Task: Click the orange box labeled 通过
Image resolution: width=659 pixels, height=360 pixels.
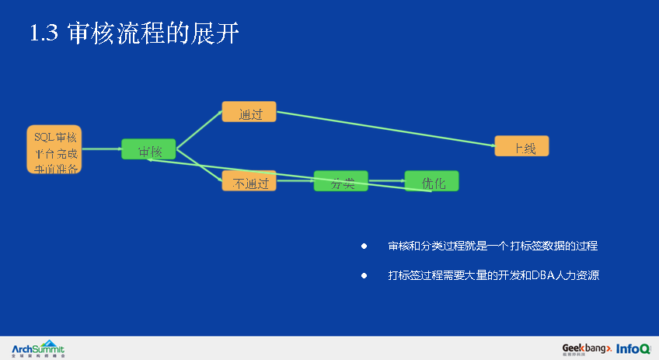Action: coord(249,111)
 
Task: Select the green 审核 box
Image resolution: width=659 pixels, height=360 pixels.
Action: coord(148,149)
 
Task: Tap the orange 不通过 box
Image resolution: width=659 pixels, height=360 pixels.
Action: coord(249,182)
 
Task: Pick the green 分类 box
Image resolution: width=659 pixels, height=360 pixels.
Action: coord(340,181)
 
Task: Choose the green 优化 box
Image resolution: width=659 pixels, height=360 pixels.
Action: coord(431,181)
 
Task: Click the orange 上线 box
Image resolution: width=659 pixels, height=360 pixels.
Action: coord(521,146)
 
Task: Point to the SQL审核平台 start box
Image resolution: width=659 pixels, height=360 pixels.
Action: coord(54,149)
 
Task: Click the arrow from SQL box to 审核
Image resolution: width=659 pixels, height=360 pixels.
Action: coord(101,149)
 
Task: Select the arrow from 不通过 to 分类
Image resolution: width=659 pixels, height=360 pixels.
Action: coord(295,181)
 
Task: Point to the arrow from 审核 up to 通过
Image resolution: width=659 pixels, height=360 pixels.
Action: coord(200,130)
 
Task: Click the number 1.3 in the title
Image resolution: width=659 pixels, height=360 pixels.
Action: coord(44,33)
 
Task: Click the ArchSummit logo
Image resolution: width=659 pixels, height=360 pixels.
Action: coord(38,348)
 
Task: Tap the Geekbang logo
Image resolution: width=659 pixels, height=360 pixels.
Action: coord(587,348)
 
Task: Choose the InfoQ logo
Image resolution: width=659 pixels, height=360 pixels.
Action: coord(633,348)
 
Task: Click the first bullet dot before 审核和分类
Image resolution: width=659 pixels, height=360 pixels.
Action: coord(363,246)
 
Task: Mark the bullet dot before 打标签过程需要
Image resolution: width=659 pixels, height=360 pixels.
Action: coord(363,275)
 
